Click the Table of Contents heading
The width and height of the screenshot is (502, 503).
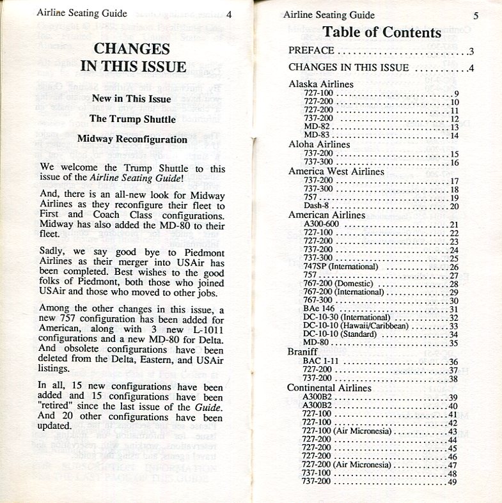[382, 32]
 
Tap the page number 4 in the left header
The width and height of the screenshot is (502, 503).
[228, 13]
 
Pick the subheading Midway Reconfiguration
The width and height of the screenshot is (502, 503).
[132, 139]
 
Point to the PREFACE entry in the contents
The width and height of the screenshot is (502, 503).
[311, 51]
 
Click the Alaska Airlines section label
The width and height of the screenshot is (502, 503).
[321, 84]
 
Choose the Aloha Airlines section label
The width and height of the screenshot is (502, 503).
[319, 144]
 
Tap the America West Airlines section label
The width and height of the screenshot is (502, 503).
[336, 171]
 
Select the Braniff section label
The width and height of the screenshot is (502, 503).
[303, 352]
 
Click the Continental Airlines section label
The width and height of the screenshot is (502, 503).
[329, 388]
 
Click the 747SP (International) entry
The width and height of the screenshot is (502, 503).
[341, 266]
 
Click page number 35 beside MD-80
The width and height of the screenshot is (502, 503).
[454, 343]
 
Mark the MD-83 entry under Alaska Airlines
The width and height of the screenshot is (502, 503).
[316, 135]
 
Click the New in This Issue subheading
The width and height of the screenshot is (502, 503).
[131, 98]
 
